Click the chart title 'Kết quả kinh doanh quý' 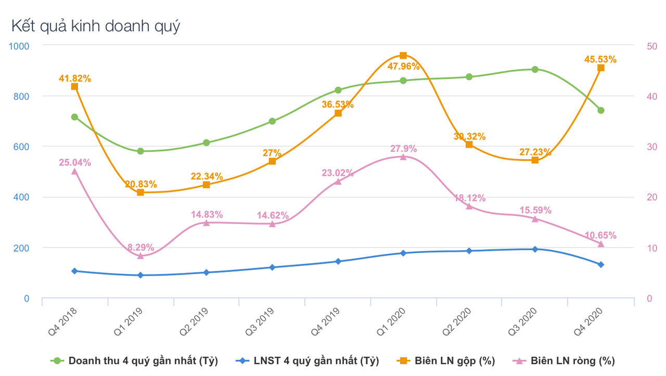[95, 25]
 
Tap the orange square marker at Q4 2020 [601, 68]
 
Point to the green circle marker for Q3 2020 [535, 69]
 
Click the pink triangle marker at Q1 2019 [140, 256]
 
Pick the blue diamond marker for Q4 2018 [74, 271]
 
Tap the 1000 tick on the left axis [19, 46]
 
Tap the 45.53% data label [600, 59]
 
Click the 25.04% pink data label [74, 162]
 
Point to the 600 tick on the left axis [19, 147]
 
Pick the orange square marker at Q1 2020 [403, 56]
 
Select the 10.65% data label [600, 235]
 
